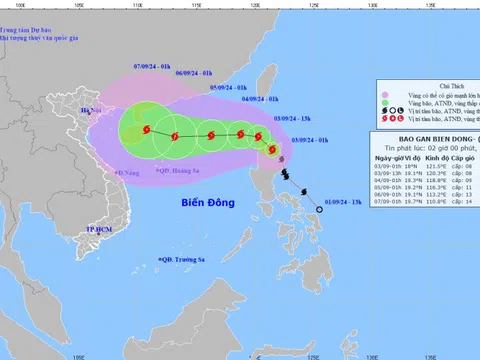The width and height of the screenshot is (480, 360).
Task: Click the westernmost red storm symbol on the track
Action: [146, 129]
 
